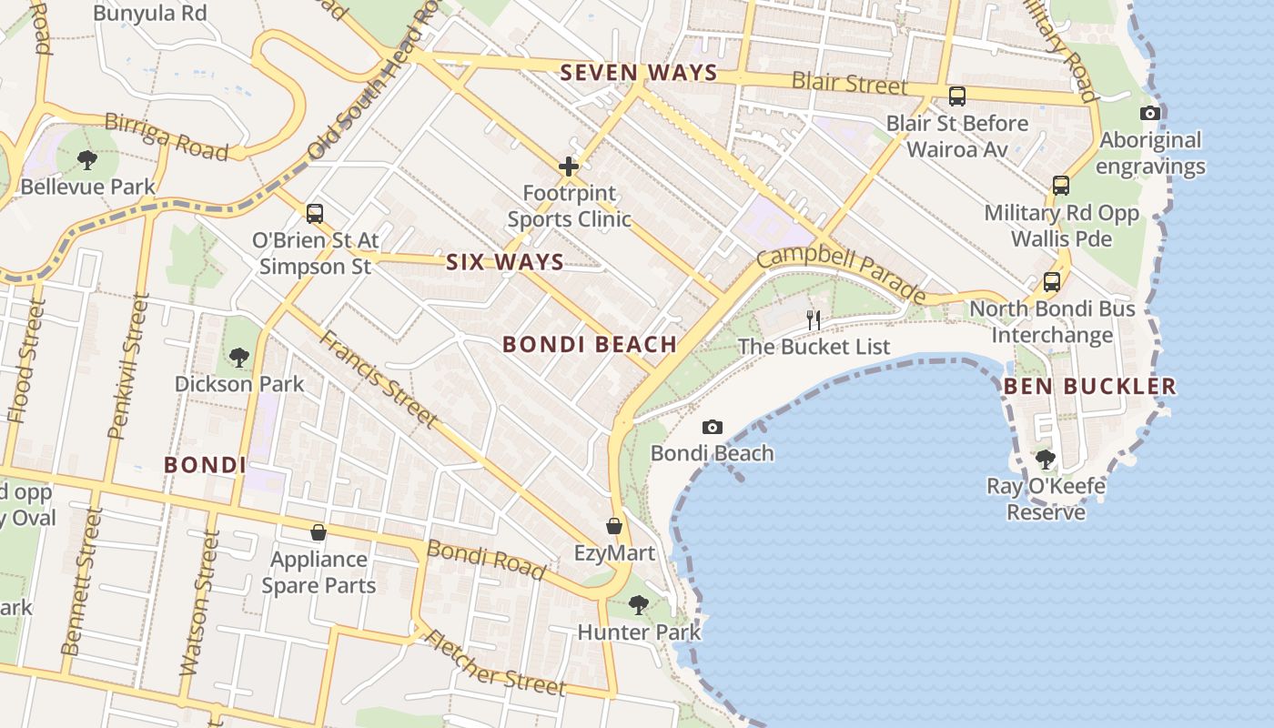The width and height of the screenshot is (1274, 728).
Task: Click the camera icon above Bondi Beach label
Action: coord(713,427)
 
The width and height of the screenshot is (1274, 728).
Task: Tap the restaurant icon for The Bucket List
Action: coord(814,319)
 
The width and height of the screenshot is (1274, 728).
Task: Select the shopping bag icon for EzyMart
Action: coord(614,527)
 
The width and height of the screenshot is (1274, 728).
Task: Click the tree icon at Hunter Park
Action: coord(639,604)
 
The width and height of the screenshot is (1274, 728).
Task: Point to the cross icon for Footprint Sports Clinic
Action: coord(569,167)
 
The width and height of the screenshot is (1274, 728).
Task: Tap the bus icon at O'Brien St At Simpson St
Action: coord(315,214)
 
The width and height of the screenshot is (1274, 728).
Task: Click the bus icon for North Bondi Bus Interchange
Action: coord(1052,282)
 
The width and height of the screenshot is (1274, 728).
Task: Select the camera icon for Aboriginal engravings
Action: coord(1150,114)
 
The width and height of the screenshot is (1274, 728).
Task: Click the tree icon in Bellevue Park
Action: coord(87,160)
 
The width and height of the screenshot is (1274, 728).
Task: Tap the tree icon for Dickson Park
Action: coord(239,357)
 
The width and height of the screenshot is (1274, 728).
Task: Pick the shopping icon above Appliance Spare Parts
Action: coord(318,532)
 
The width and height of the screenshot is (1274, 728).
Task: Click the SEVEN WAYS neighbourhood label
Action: coord(639,73)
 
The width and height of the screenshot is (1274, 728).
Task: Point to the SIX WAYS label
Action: coord(505,262)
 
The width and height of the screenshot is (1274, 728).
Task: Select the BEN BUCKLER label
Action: coord(1089,386)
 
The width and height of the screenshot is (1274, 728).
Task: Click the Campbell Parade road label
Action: coord(842,272)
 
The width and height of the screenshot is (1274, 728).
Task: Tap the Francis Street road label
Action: coord(378,378)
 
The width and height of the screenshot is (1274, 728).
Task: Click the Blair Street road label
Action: coord(849,83)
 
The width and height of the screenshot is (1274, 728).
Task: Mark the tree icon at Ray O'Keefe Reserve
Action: coord(1046,460)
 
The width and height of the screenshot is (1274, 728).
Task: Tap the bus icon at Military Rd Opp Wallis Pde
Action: coord(1061,186)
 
